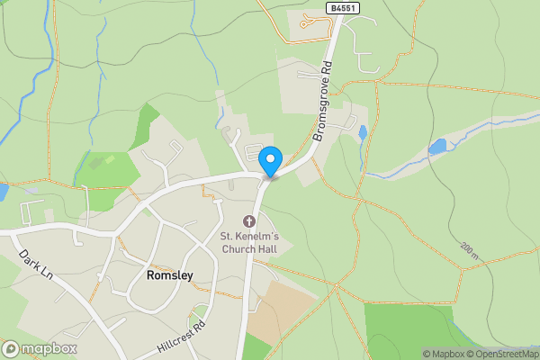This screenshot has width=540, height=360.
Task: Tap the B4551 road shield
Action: point(338,7)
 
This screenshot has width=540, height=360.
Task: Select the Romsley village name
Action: point(169,276)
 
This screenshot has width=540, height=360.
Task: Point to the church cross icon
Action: point(248,220)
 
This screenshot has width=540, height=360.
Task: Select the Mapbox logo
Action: point(40,348)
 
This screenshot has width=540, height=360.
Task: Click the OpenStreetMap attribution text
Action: point(499,354)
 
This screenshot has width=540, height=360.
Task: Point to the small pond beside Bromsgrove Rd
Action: point(362,133)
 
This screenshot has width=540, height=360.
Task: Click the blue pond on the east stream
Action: point(437,146)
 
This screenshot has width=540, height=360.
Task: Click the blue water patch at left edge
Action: point(3,192)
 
